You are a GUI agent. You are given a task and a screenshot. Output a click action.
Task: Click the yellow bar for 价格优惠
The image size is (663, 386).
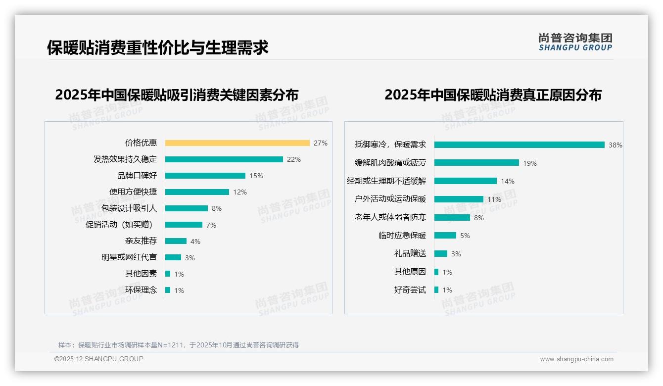click(237, 143)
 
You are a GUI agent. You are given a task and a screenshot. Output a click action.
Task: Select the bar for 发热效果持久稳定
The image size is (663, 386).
click(224, 159)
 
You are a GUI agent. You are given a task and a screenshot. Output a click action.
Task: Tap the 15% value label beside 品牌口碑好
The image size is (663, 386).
click(256, 176)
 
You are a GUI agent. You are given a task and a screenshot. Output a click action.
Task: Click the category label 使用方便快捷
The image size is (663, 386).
click(133, 192)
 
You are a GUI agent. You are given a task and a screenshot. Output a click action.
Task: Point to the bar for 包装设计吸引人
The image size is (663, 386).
click(187, 208)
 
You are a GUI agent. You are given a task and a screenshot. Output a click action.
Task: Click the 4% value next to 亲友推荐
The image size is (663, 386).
click(195, 241)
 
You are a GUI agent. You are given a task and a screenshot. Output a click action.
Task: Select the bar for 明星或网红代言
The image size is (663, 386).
click(173, 257)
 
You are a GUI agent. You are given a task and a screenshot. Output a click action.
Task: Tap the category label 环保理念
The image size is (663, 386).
click(141, 290)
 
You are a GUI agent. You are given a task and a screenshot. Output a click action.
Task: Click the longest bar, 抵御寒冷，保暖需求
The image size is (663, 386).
click(520, 145)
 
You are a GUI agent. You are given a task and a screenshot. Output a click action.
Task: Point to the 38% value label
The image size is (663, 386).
click(616, 145)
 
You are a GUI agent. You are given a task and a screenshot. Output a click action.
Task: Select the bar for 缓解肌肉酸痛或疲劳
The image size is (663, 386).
click(477, 163)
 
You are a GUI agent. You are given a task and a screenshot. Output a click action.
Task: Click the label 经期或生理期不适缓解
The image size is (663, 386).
click(386, 181)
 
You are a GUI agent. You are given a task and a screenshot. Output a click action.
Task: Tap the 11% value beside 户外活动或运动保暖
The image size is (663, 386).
click(494, 199)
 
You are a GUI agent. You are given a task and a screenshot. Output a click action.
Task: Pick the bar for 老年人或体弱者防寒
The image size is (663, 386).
click(452, 217)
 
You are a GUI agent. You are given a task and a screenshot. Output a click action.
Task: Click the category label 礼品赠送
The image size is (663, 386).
click(410, 253)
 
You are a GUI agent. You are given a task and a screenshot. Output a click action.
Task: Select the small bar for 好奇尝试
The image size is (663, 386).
click(436, 290)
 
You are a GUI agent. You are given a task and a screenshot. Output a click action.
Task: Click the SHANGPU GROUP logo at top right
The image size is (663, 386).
click(575, 42)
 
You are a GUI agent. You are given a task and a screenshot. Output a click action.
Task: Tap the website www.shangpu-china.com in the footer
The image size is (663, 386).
click(576, 359)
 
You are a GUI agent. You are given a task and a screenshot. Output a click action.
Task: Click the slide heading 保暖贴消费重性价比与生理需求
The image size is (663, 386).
click(158, 48)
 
